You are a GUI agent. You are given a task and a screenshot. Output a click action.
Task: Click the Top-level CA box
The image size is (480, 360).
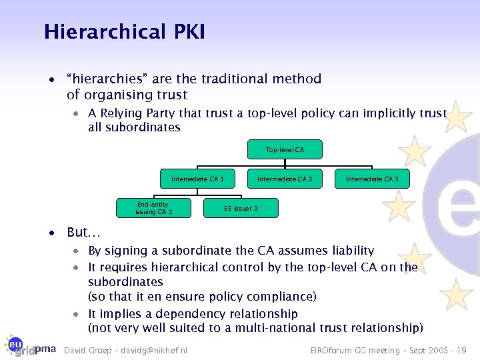(x=285, y=150)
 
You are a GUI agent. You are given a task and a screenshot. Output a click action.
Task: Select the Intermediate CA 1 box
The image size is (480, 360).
(x=197, y=179)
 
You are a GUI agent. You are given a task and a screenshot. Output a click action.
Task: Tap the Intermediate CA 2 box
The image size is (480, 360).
(x=285, y=179)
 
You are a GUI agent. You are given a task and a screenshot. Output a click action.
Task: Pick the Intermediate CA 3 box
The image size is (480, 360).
(x=372, y=179)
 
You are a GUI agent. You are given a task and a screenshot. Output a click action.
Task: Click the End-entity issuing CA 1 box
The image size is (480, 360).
(x=153, y=208)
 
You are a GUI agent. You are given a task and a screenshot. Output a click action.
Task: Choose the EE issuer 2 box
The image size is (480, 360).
(x=241, y=208)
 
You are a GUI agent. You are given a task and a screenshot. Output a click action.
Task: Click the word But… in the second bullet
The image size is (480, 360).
(x=83, y=233)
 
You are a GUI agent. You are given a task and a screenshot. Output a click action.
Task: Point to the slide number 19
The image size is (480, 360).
(x=463, y=350)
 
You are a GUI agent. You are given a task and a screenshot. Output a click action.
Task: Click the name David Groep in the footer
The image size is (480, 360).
(x=85, y=350)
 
